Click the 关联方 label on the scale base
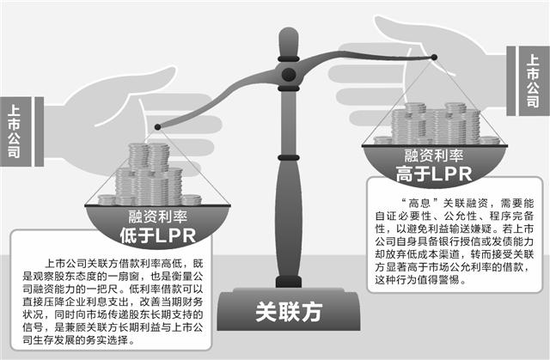click(289, 312)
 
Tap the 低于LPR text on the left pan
click(157, 235)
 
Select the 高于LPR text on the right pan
click(434, 174)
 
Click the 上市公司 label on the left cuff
click(14, 131)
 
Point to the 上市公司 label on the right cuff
click(533, 82)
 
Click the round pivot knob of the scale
click(289, 74)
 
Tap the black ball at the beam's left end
click(157, 127)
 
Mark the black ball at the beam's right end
click(434, 58)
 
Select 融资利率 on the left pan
click(157, 217)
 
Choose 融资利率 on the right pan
click(434, 156)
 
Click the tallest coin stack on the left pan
click(158, 173)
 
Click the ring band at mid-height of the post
click(289, 158)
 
